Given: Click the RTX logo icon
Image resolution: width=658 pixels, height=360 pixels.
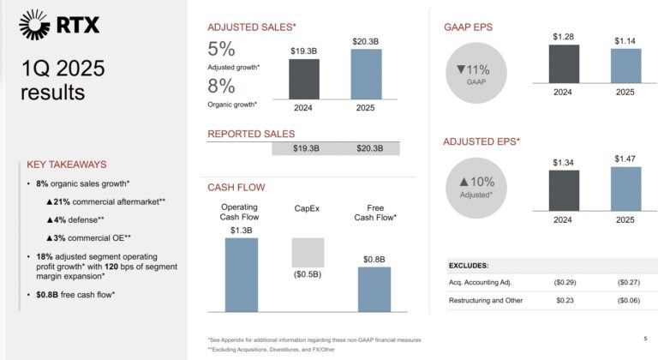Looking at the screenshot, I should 35,25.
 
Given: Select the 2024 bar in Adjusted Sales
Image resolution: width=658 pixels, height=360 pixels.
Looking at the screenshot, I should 303,80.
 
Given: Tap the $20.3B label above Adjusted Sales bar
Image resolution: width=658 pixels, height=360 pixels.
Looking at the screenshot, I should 366,41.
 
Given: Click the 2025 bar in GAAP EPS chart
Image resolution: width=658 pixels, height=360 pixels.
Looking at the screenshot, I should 625,66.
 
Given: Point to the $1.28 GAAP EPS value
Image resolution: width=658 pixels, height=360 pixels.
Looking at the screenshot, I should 563,36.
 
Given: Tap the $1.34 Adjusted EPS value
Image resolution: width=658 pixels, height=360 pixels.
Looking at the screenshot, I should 563,162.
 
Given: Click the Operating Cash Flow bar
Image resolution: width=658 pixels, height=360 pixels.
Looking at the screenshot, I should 241,274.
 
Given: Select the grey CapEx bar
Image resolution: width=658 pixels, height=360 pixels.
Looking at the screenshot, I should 308,252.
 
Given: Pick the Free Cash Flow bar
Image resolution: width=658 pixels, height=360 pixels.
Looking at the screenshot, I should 374,289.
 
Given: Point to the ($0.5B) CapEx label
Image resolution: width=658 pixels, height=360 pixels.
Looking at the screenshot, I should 308,274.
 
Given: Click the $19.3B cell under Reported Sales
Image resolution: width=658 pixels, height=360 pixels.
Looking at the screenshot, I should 306,148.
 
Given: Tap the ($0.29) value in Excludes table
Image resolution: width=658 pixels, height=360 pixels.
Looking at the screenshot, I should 563,282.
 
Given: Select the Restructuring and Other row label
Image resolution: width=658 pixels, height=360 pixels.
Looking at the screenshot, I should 485,300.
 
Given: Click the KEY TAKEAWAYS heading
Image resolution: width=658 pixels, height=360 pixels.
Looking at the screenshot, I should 67,165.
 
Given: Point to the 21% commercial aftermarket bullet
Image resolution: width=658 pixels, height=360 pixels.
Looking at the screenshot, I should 105,201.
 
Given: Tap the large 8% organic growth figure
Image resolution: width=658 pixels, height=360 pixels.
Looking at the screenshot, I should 221,86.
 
